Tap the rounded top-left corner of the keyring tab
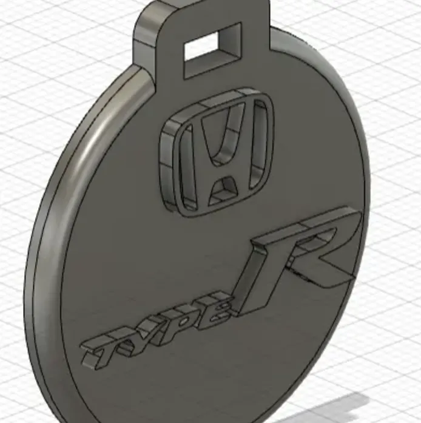point(146,15)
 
